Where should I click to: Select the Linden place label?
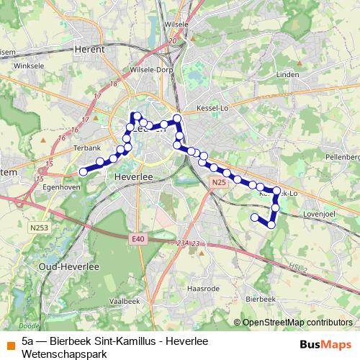(x=287, y=74)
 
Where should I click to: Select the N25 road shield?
(x=219, y=184)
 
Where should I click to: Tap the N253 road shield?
(x=40, y=228)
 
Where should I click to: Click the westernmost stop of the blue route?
(x=83, y=171)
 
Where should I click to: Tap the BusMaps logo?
(x=325, y=344)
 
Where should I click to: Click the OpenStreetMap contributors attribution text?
(x=297, y=322)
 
